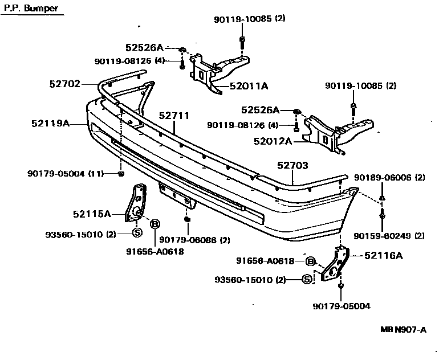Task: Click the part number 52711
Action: pyautogui.click(x=174, y=116)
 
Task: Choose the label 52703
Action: pyautogui.click(x=292, y=166)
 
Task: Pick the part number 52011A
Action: pyautogui.click(x=249, y=87)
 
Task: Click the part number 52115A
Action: pyautogui.click(x=91, y=214)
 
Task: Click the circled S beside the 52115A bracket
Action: pyautogui.click(x=137, y=233)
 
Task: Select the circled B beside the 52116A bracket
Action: pyautogui.click(x=310, y=261)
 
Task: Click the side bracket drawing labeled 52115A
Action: pyautogui.click(x=137, y=202)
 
